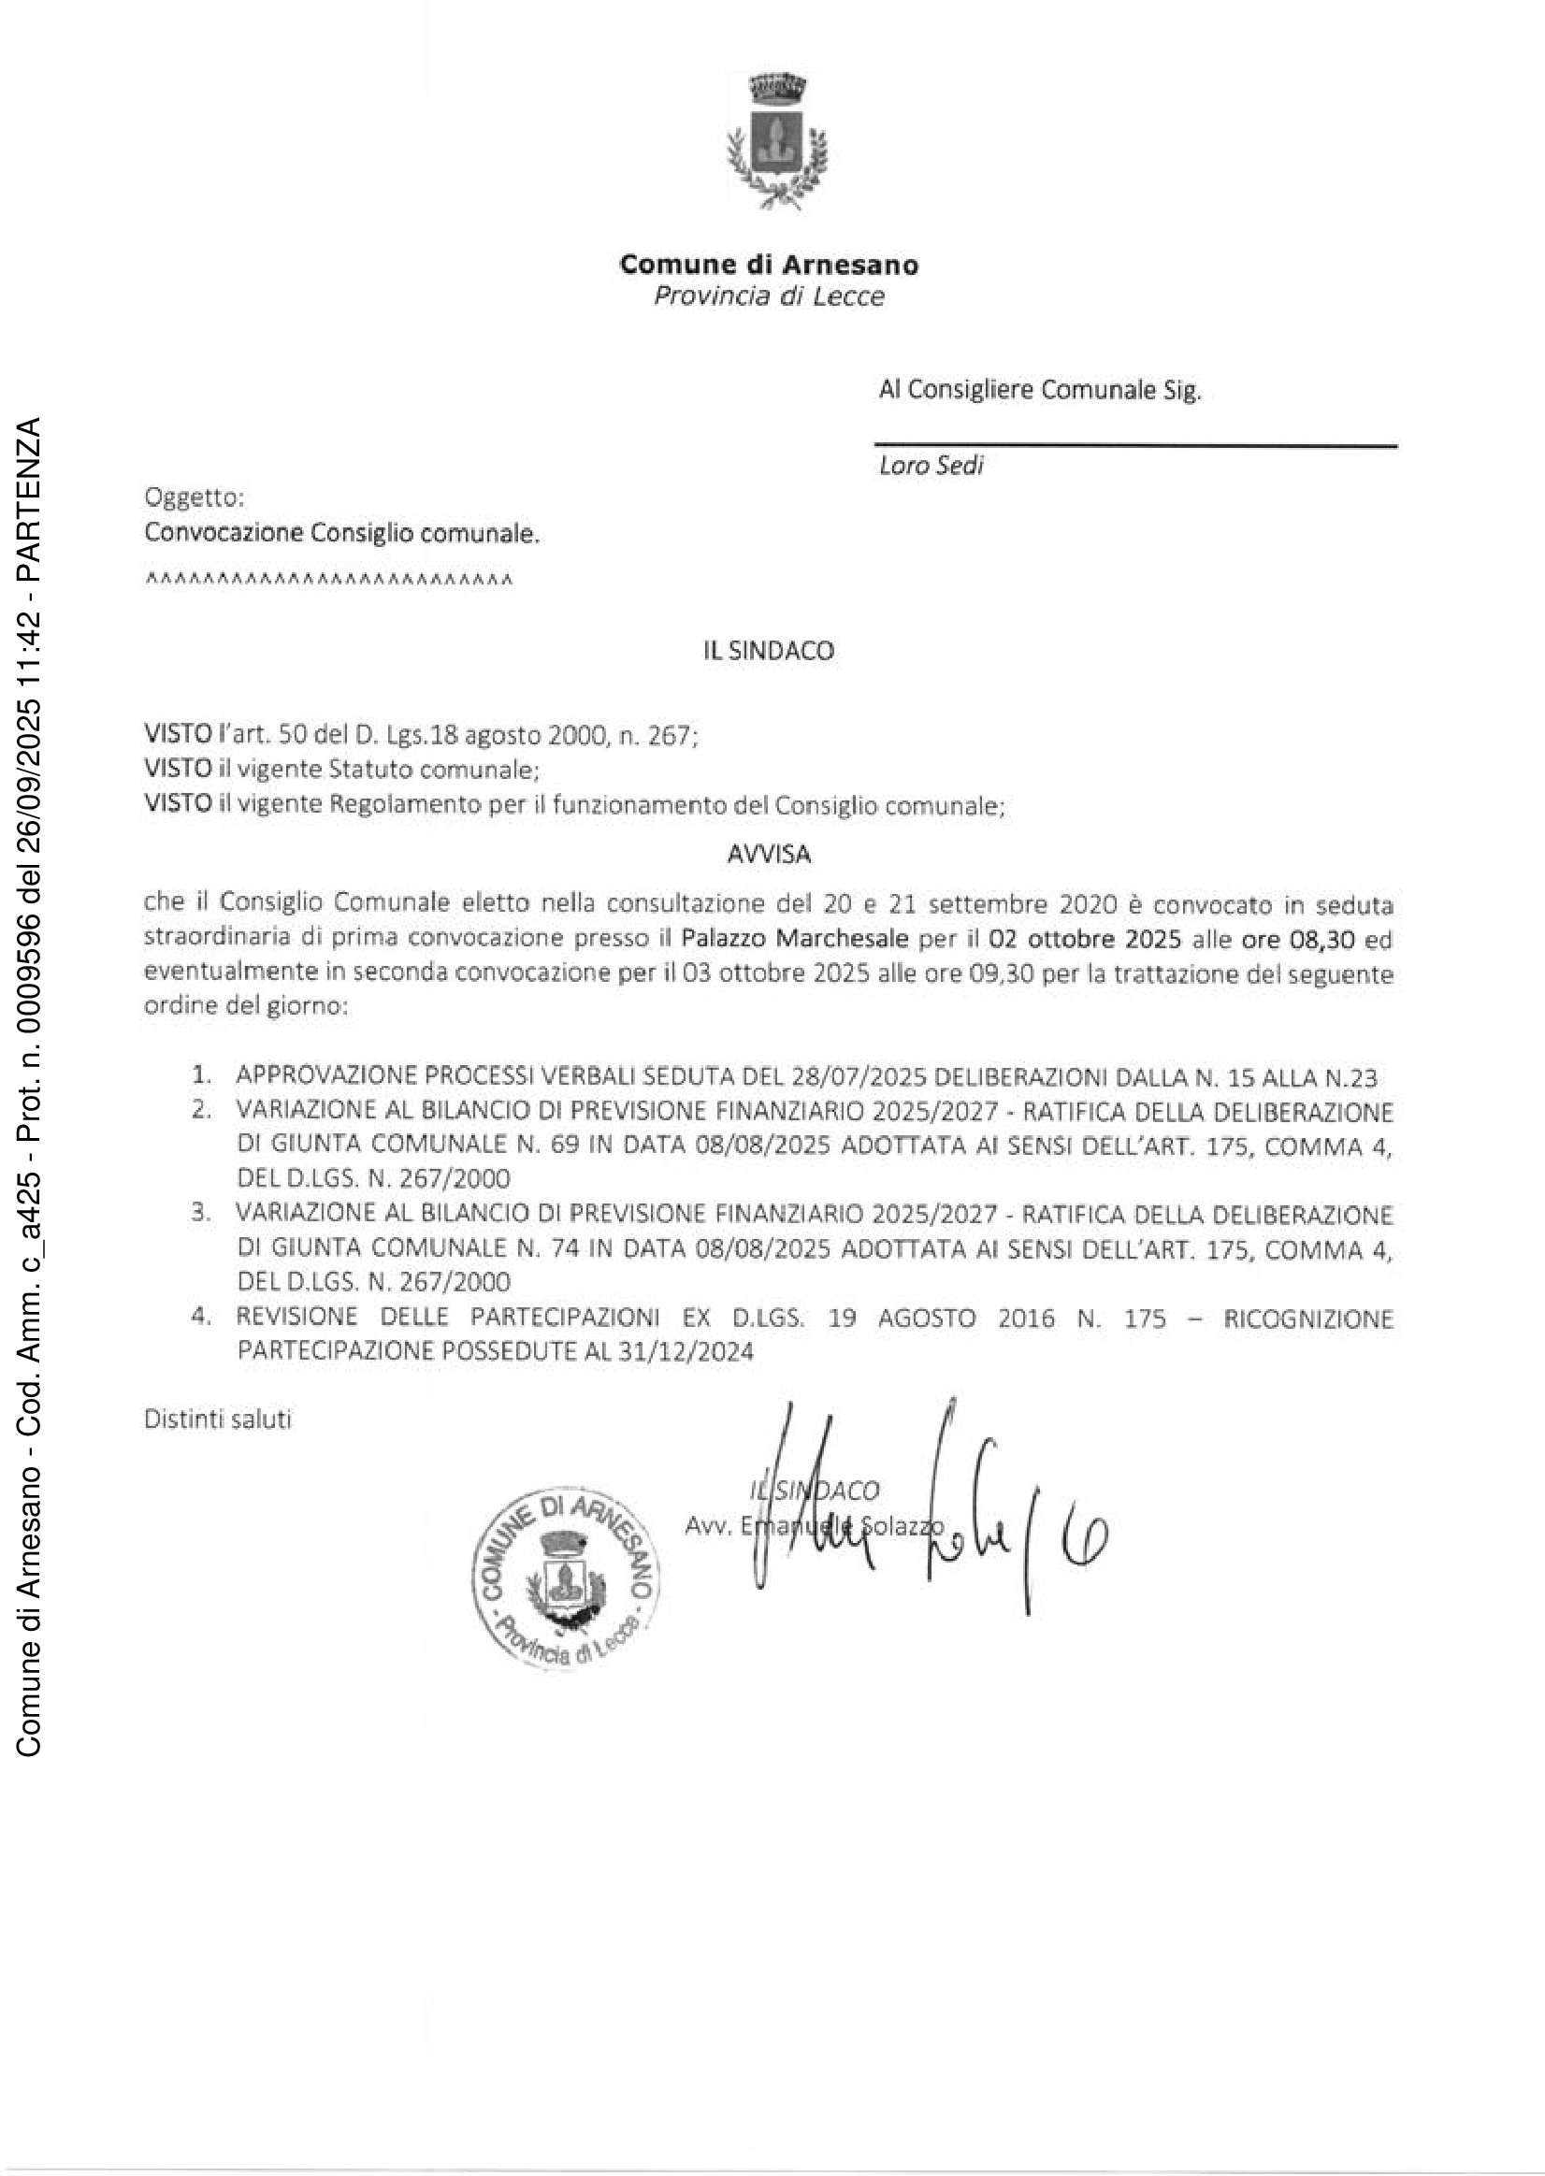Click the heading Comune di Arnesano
click(769, 265)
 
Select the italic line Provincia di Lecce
click(769, 296)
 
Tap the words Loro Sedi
click(931, 466)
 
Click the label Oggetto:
click(195, 497)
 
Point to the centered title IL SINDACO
click(769, 652)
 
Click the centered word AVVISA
click(769, 855)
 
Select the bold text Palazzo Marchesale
click(794, 940)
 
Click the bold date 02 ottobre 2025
click(1085, 940)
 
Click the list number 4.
click(200, 1318)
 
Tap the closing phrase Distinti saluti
click(218, 1419)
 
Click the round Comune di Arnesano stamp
click(565, 1578)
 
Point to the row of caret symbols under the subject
click(329, 580)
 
